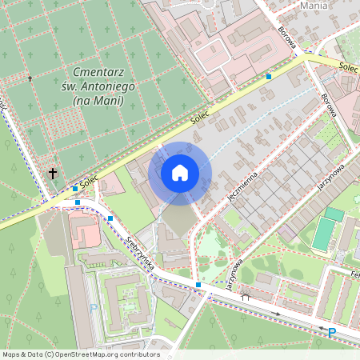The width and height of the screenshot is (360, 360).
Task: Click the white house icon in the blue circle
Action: [x=180, y=172]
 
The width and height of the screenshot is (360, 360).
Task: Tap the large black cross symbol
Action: [x=53, y=172]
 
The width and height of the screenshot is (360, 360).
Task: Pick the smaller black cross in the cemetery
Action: [x=30, y=78]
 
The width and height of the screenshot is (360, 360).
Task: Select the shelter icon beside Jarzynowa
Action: [x=246, y=297]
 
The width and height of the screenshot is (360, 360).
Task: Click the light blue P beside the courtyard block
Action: [x=93, y=307]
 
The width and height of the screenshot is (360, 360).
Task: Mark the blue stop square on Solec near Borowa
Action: [x=269, y=77]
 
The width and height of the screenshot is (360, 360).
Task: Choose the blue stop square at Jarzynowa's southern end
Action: [x=198, y=285]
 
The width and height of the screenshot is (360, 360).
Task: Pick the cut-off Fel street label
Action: [x=354, y=273]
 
